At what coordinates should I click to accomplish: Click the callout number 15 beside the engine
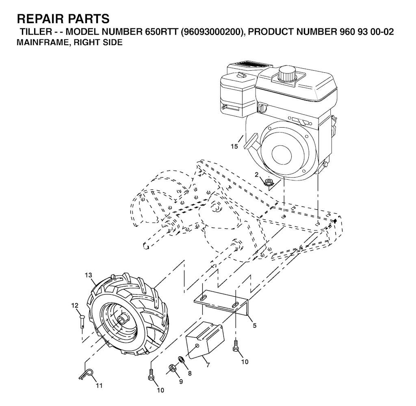click(x=234, y=146)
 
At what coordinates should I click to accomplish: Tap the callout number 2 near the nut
click(x=256, y=175)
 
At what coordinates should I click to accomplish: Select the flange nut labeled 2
click(x=268, y=182)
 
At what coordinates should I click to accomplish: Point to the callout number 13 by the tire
click(x=89, y=275)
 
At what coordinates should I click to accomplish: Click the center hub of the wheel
click(x=121, y=320)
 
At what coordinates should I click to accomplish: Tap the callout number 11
click(x=99, y=386)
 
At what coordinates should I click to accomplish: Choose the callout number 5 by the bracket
click(x=254, y=326)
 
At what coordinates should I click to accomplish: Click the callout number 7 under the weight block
click(x=208, y=365)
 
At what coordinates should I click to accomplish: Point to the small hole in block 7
click(x=197, y=345)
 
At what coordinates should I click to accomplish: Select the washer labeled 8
click(x=180, y=360)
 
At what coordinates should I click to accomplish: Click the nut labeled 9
click(x=171, y=369)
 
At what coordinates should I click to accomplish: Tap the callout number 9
click(x=181, y=382)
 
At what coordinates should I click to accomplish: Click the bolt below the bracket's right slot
click(x=236, y=346)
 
